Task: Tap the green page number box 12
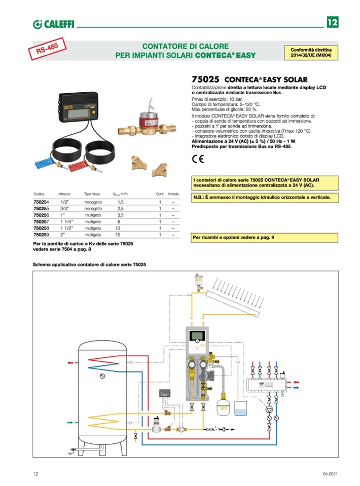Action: (332, 22)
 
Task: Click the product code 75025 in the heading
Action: (205, 80)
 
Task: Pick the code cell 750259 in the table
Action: (41, 235)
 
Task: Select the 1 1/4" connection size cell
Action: (66, 221)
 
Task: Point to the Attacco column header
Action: (64, 194)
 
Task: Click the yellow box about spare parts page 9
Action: (264, 237)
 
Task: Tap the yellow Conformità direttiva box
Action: (311, 53)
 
